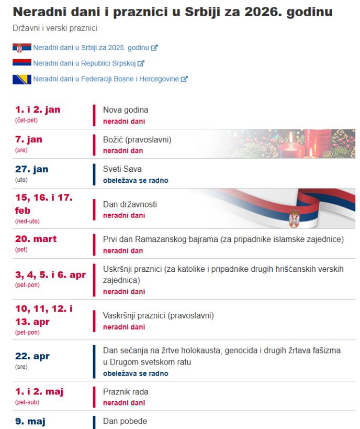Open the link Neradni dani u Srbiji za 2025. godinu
pos(91,48)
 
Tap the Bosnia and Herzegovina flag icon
pos(21,80)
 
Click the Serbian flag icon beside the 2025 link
pos(21,48)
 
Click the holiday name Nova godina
pos(126,110)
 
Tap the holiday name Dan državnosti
pos(130,205)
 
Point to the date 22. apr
pos(31,356)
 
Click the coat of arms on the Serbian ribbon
pos(294,215)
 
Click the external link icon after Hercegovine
pos(184,80)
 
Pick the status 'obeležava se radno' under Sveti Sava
pos(136,181)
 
